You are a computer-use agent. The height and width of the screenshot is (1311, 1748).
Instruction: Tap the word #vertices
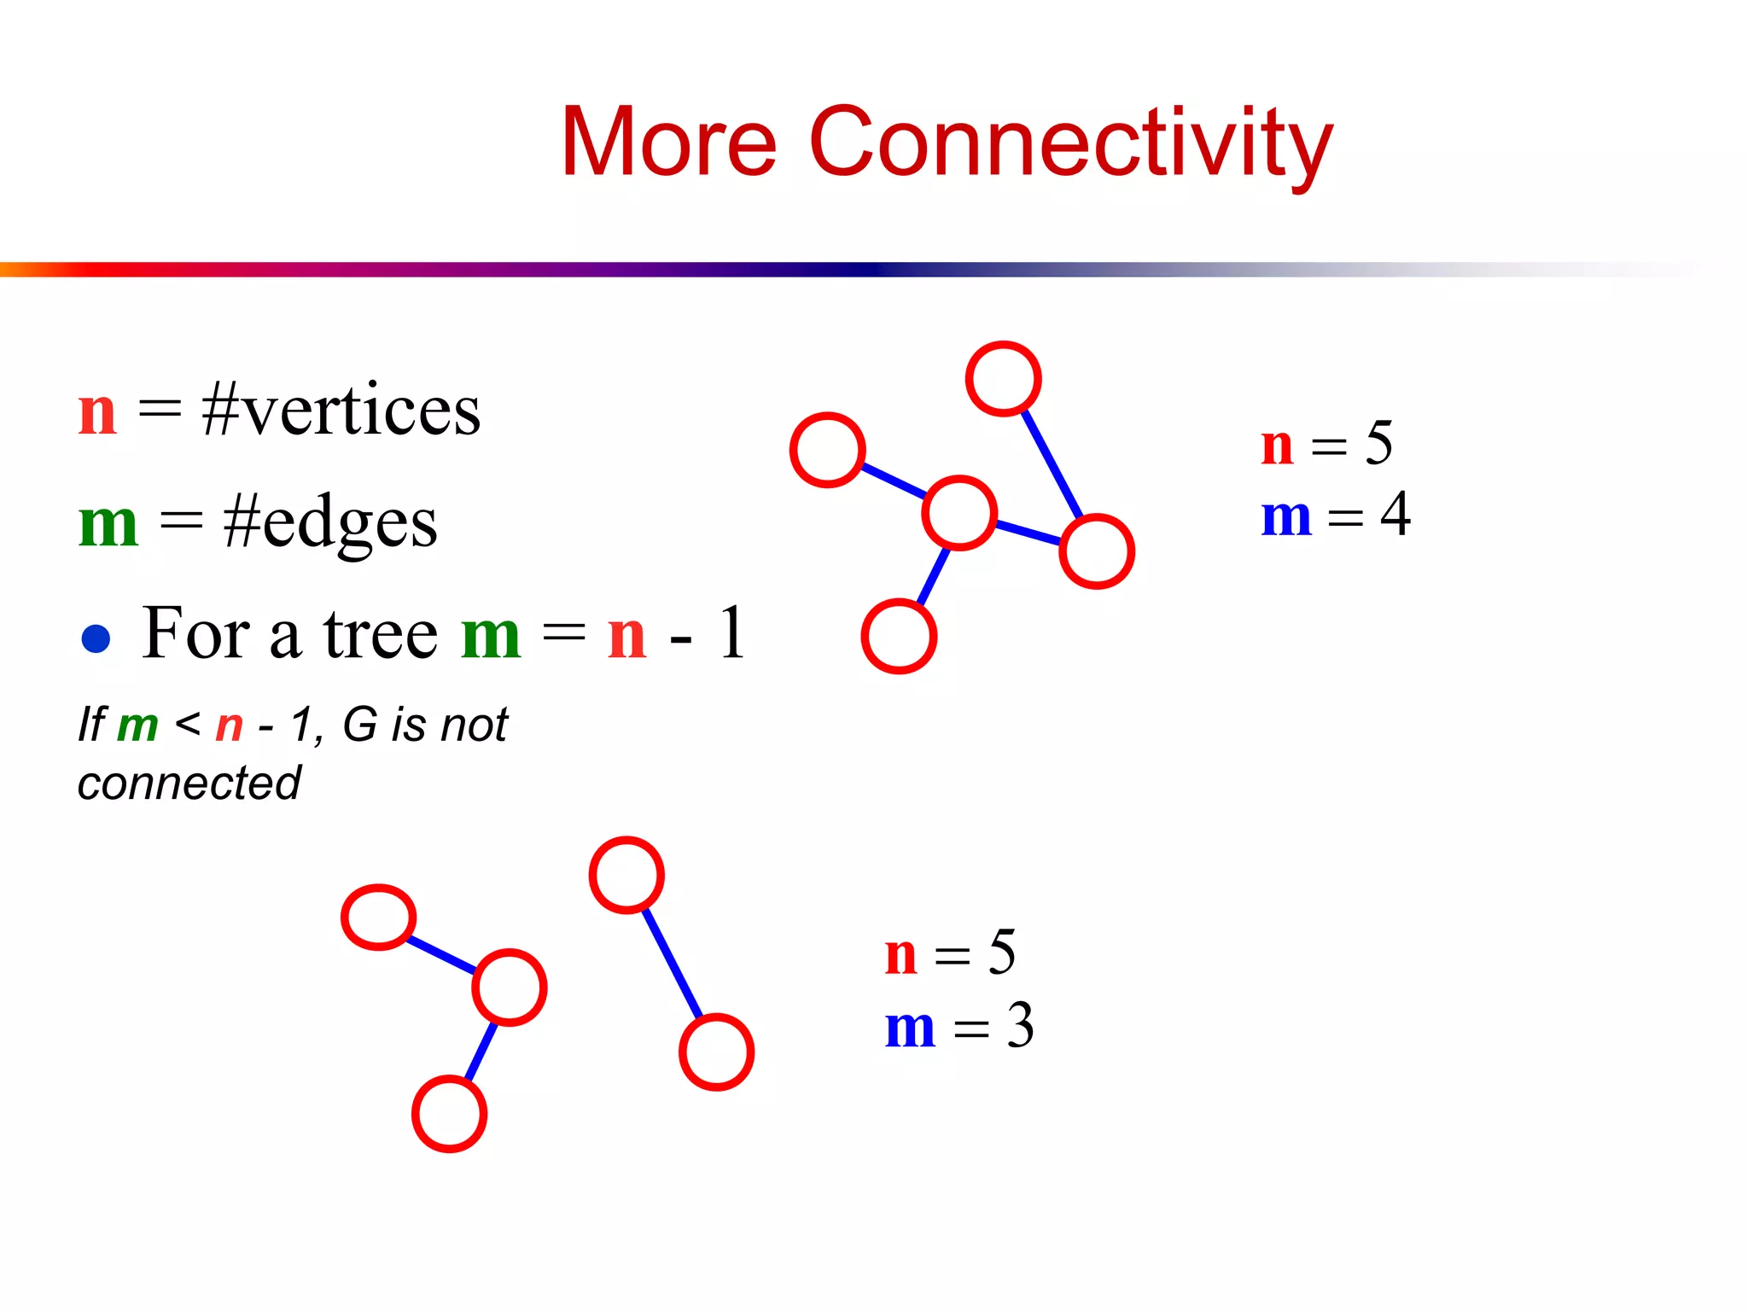pos(341,411)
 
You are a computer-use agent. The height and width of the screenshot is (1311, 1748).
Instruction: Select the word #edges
pos(329,522)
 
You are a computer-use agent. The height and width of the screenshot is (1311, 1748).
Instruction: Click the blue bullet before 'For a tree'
pos(96,638)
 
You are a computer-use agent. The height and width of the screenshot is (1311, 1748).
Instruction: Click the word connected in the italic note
pos(189,783)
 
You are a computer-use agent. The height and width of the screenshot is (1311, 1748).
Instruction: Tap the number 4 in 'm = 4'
pos(1395,515)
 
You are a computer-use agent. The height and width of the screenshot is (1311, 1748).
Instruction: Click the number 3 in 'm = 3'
pos(1020,1025)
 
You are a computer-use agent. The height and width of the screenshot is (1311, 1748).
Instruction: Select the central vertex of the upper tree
pos(959,513)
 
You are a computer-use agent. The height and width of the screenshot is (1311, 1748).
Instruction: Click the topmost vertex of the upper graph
pos(1003,379)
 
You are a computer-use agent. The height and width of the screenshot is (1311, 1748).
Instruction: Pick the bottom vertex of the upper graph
pos(899,637)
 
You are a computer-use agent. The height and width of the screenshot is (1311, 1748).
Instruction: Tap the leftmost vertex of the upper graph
pos(827,450)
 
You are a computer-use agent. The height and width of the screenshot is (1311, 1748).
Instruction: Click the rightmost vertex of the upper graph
pos(1096,551)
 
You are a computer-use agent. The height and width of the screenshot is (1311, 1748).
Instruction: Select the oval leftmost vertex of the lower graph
pos(378,917)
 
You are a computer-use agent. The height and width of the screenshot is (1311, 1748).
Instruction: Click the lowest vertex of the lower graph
pos(449,1114)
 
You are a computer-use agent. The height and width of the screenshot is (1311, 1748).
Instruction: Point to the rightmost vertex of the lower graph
pos(716,1052)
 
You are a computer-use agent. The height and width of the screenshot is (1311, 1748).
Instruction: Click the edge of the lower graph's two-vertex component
pos(672,964)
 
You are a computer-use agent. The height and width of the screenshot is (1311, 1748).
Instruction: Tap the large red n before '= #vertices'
pos(97,413)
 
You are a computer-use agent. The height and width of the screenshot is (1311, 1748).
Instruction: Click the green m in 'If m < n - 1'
pos(137,726)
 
